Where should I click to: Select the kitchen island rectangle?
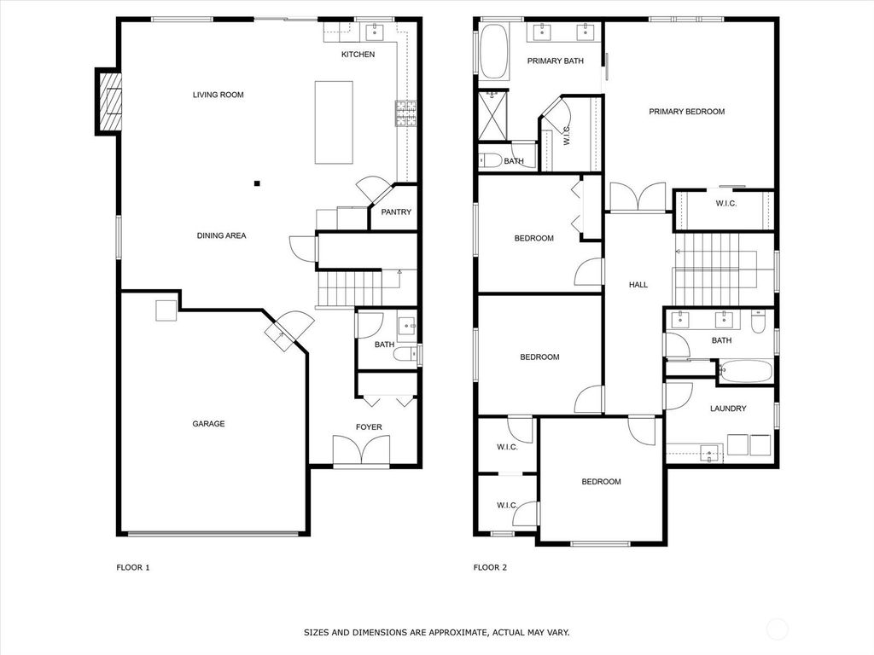334,122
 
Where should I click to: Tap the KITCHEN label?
358,55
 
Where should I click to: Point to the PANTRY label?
396,212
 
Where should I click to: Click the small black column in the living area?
256,183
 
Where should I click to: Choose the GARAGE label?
208,424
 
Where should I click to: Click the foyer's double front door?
362,450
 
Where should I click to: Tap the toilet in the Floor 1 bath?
404,355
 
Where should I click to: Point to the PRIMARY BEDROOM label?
686,112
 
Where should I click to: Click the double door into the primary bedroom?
638,197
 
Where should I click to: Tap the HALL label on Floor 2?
638,285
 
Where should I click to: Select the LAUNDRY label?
728,409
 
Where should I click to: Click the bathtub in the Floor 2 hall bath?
745,372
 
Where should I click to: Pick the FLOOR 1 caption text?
132,567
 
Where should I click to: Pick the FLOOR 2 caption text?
490,567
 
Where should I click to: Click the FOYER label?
369,426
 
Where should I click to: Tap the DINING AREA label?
221,235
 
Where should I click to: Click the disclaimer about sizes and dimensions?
436,633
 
